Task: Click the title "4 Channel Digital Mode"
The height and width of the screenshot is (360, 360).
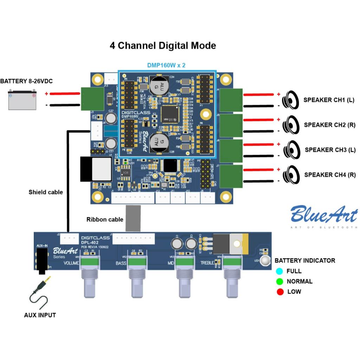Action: point(163,46)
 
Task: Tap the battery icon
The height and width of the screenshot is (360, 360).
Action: point(22,100)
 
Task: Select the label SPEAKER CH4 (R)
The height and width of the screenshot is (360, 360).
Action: point(330,175)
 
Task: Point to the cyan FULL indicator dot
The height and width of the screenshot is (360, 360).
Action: point(280,271)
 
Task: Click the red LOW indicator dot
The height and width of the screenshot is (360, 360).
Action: point(280,292)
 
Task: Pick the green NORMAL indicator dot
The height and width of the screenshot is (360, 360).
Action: point(280,282)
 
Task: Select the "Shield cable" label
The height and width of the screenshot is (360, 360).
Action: point(46,192)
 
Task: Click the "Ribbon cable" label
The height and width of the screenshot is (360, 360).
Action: point(105,219)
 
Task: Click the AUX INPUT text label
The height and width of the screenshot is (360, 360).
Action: point(40,315)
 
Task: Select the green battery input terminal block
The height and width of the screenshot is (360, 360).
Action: point(92,98)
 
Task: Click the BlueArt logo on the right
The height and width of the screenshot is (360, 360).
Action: point(323,214)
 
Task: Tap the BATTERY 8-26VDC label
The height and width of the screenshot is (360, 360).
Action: point(26,81)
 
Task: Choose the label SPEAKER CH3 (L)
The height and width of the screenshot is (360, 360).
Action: point(330,150)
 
